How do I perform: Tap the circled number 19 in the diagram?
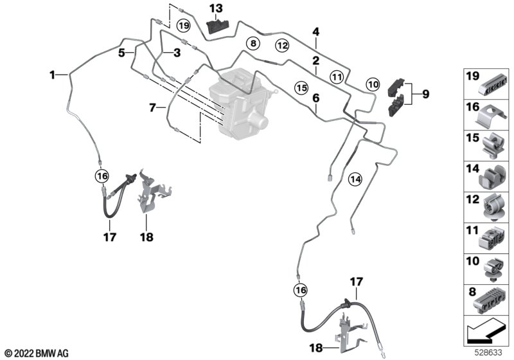click(184, 26)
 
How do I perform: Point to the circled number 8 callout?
click(253, 44)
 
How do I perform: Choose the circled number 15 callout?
click(301, 85)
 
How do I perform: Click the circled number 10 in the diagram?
click(373, 84)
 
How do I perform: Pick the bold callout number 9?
click(425, 94)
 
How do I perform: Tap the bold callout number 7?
click(152, 107)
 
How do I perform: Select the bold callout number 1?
click(53, 75)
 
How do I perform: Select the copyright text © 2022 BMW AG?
click(36, 353)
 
